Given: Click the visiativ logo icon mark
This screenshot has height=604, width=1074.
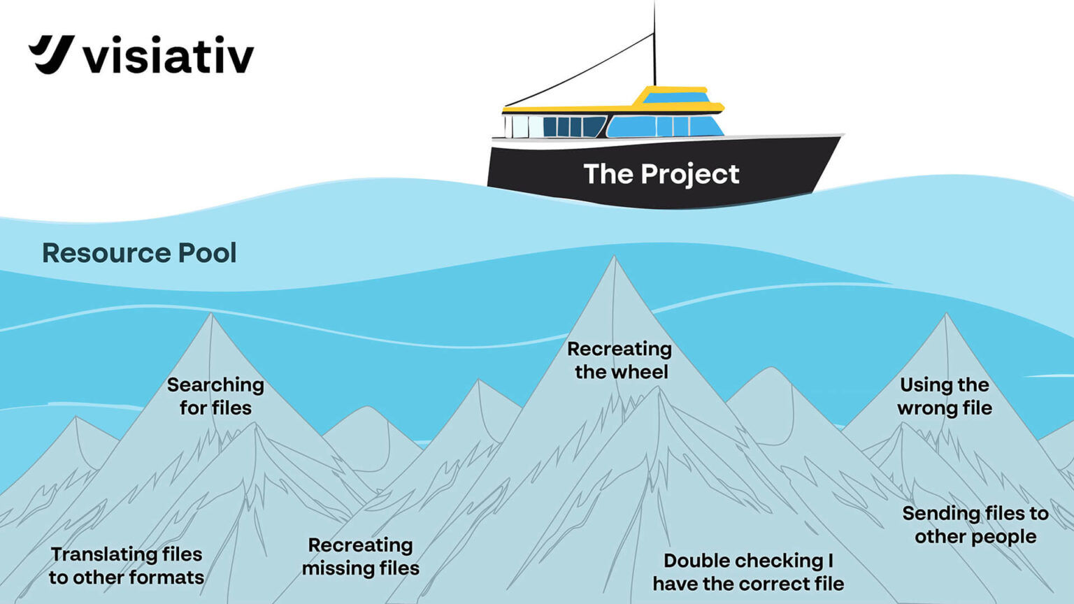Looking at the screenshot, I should coord(51,54).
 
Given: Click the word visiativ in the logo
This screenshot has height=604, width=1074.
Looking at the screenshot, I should coord(169,56).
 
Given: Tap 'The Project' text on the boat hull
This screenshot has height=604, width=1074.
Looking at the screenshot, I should coord(661,174).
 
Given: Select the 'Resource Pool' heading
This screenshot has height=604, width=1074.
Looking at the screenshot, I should coord(139,253).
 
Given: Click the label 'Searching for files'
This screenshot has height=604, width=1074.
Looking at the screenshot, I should coord(215,396).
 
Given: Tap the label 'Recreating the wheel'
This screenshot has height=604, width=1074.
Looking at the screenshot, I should coord(620,360).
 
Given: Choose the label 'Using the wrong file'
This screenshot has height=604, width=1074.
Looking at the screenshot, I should coord(945,396).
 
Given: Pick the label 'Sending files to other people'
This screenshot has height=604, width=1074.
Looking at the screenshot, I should coord(975,525).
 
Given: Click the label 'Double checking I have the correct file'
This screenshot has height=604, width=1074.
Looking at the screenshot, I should coord(748,572).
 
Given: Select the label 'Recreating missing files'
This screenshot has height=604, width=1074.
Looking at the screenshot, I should coord(361,556).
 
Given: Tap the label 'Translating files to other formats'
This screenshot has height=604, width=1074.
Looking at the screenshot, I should coord(127,566).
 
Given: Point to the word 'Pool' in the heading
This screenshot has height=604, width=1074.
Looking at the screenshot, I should coord(207,253).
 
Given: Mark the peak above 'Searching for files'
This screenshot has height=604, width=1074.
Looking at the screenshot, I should coord(211,315).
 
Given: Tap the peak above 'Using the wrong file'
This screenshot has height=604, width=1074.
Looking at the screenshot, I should coord(946,315).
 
